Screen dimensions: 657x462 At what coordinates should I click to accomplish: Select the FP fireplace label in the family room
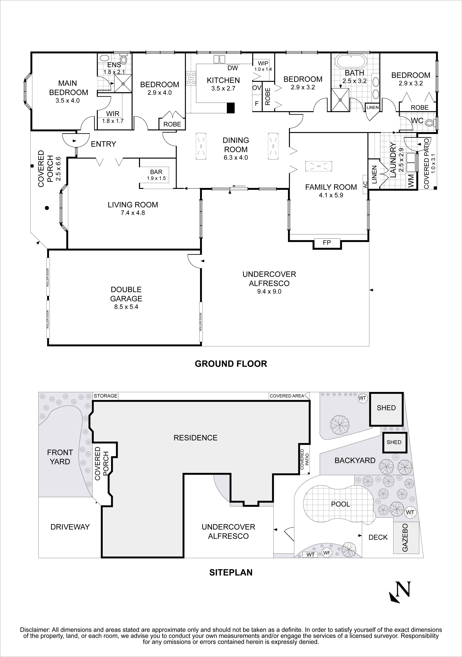coord(327,243)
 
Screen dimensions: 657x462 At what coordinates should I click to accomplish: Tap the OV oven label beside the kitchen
coord(257,88)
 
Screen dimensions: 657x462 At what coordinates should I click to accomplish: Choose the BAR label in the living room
coord(156,172)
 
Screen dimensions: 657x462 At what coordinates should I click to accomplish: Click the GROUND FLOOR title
coord(231,364)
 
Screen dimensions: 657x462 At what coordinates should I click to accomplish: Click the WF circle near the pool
coord(327,553)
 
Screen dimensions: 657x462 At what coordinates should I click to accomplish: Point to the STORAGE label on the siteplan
coord(105,396)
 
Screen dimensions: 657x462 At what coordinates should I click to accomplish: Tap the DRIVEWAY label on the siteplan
coord(70,527)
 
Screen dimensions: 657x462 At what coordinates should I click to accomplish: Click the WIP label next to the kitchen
coord(263,63)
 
